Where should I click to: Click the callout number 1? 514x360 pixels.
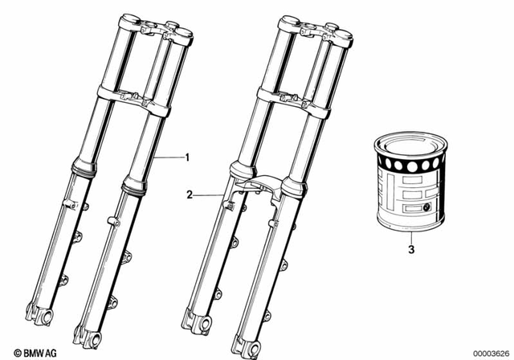pyautogui.click(x=188, y=157)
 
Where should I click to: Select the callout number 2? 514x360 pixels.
pyautogui.click(x=190, y=194)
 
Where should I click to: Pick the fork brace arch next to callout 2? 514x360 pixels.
pyautogui.click(x=258, y=186)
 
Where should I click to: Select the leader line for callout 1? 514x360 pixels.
pyautogui.click(x=169, y=157)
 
